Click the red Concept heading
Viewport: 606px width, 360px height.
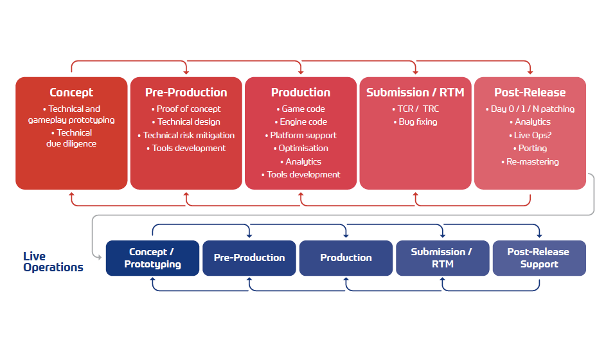click(71, 93)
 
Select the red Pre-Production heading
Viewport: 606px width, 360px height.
click(186, 93)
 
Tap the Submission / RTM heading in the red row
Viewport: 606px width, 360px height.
click(416, 93)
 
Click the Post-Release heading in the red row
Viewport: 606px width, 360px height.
click(530, 93)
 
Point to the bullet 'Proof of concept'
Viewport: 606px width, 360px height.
click(186, 109)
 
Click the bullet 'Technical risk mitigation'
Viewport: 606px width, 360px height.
click(186, 136)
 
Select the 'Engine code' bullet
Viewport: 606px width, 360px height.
click(301, 122)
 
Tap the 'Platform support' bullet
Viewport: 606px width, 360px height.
click(301, 136)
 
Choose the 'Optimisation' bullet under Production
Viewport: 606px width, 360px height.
click(301, 148)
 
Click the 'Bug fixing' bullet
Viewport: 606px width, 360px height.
click(416, 122)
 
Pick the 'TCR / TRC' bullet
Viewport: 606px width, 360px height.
click(416, 109)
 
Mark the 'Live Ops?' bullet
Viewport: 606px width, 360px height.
click(530, 136)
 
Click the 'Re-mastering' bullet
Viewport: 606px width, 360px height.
click(530, 161)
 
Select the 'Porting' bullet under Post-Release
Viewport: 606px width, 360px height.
click(530, 148)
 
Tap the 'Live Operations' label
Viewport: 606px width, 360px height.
click(53, 262)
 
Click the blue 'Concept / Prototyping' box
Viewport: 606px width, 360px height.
click(153, 258)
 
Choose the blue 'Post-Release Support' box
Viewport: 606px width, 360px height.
click(539, 258)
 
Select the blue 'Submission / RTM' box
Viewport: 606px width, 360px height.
click(443, 258)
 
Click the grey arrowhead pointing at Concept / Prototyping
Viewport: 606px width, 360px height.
click(99, 257)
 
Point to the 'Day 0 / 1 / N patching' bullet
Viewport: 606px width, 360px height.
click(530, 109)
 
